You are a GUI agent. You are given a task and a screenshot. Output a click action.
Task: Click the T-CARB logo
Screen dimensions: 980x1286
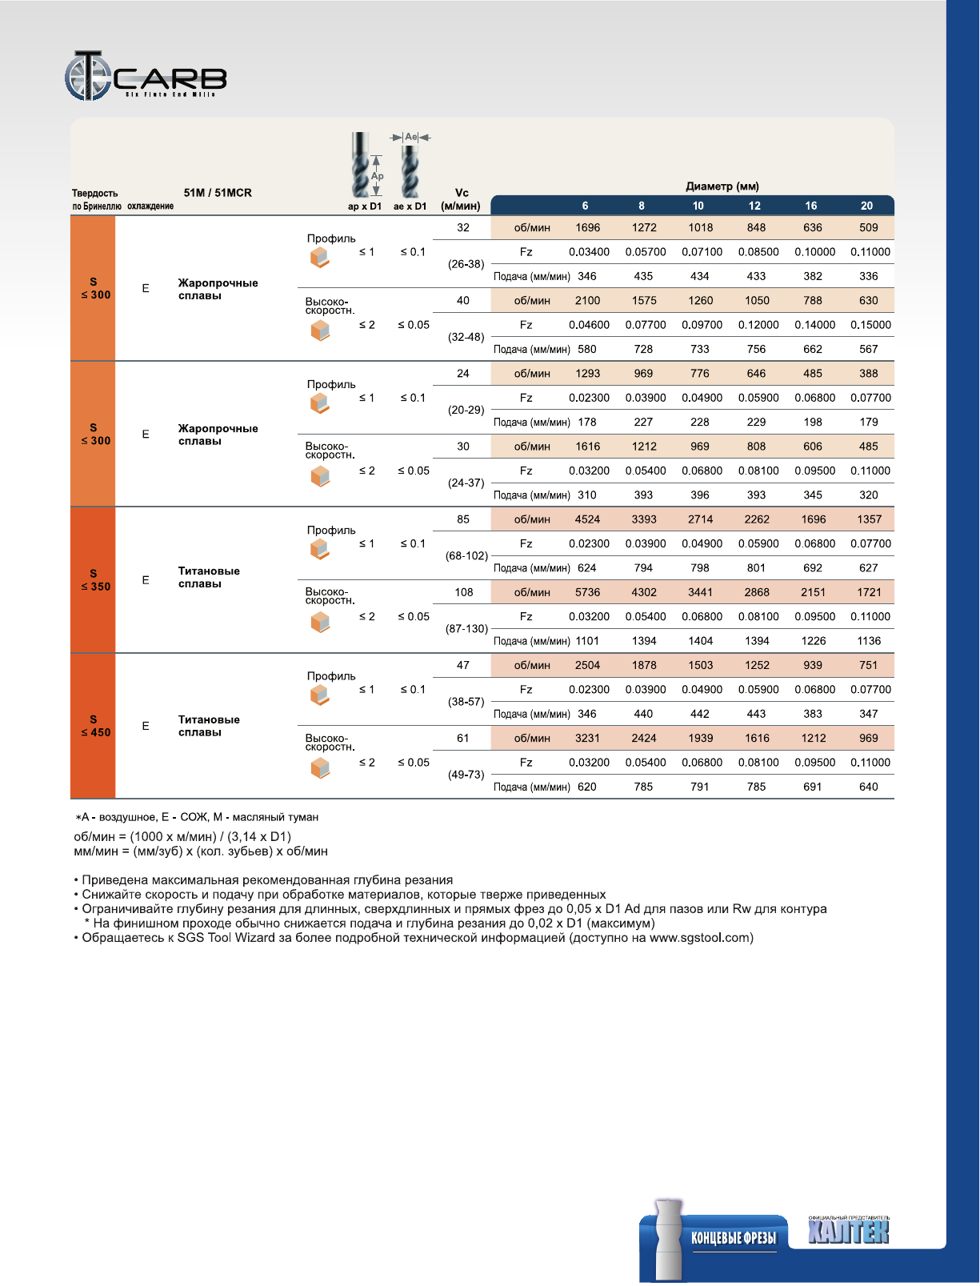click(x=146, y=76)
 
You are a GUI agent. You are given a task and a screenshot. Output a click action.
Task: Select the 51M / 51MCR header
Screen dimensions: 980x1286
click(x=217, y=193)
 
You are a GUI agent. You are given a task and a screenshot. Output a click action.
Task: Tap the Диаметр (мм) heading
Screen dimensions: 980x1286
click(x=722, y=186)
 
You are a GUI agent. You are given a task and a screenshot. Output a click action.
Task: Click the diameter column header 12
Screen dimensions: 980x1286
click(x=754, y=206)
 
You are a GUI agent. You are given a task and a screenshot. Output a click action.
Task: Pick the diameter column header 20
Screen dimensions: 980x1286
click(x=866, y=206)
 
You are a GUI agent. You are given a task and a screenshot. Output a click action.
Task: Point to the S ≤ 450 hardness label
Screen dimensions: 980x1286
click(x=95, y=726)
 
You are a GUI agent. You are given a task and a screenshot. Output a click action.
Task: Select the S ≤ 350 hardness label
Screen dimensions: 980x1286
click(x=95, y=580)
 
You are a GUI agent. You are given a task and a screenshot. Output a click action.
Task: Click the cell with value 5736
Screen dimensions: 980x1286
click(x=587, y=592)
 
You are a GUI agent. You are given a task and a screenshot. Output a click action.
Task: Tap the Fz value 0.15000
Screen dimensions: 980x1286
click(x=870, y=325)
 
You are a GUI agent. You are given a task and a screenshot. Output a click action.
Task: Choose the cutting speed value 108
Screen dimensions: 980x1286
click(x=464, y=592)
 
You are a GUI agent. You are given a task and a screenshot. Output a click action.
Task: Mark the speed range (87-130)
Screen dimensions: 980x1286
click(x=466, y=629)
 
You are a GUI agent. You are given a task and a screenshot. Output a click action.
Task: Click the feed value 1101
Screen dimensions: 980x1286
click(x=587, y=641)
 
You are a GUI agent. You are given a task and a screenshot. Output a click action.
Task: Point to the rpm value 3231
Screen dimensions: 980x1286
click(x=587, y=738)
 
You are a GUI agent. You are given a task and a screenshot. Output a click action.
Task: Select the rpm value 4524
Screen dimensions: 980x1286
click(x=587, y=519)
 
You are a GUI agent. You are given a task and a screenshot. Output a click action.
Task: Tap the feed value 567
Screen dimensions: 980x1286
click(x=868, y=349)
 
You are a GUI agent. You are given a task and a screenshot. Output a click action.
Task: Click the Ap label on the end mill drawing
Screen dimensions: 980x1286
click(x=377, y=176)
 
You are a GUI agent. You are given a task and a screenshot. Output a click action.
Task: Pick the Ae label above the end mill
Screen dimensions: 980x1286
click(x=411, y=137)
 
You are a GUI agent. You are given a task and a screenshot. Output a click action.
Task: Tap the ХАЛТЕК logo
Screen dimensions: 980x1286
click(x=848, y=1231)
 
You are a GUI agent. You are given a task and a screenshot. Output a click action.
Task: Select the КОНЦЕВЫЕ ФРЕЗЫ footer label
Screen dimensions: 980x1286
click(x=734, y=1238)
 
